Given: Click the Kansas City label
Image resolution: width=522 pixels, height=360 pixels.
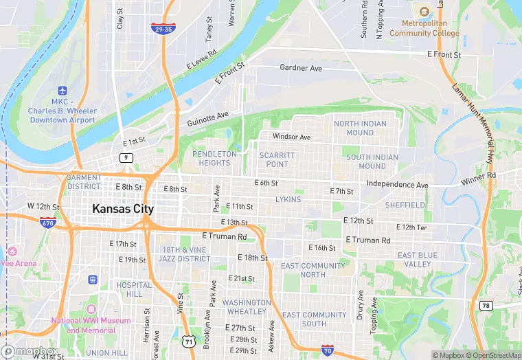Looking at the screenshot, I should click(124, 209).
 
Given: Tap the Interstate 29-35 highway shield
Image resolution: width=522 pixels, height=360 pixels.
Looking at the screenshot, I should click(163, 29).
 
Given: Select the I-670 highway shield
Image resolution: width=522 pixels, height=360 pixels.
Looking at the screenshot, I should click(47, 223).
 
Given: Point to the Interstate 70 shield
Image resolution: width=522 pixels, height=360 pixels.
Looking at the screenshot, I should click(328, 350).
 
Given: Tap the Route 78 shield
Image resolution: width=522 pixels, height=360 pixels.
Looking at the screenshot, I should click(486, 304).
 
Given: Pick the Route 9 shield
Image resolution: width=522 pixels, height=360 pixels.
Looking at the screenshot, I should click(125, 158).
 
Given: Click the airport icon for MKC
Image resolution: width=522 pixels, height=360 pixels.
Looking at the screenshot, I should click(63, 91).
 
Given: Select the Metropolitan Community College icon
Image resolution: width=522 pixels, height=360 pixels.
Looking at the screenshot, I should click(424, 12).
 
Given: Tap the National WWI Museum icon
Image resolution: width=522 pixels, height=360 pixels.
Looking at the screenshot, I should click(91, 308).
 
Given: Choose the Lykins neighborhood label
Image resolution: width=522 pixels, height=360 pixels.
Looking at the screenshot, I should click(288, 199).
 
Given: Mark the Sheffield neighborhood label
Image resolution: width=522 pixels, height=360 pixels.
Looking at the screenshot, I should click(405, 205).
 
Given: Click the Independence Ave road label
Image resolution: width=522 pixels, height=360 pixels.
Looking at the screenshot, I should click(397, 185).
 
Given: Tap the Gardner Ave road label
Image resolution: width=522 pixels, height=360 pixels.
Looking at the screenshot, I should click(301, 68).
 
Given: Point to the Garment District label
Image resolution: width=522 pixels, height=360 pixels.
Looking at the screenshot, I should click(84, 181).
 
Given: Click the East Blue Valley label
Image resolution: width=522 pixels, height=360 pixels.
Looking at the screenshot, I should click(414, 260).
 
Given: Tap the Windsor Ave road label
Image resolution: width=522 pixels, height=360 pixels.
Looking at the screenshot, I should click(291, 137).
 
